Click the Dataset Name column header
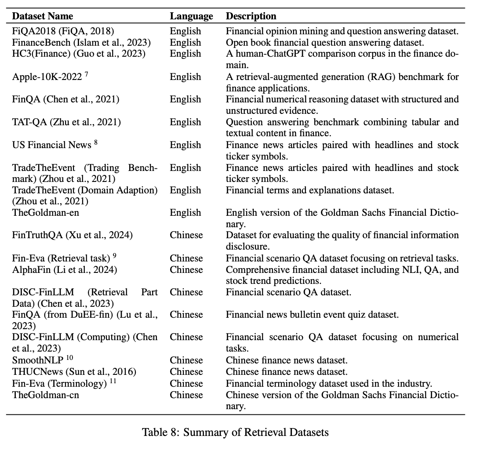click(x=42, y=16)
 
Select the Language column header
click(x=191, y=16)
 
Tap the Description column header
click(x=251, y=16)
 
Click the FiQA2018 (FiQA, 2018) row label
click(x=64, y=31)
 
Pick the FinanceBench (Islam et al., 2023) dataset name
click(x=82, y=43)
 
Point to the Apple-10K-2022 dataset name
click(x=47, y=77)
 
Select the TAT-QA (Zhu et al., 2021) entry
click(x=66, y=122)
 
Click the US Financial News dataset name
click(x=52, y=145)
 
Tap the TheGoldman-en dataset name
click(x=46, y=213)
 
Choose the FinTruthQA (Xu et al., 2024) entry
click(x=73, y=235)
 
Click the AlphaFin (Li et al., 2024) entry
click(x=65, y=269)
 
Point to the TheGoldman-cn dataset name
click(x=46, y=395)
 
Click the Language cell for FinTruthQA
click(x=186, y=235)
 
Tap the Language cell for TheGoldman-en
click(x=185, y=213)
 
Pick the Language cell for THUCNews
click(x=186, y=372)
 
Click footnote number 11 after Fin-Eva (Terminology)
click(x=113, y=381)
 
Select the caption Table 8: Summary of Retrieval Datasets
click(x=235, y=432)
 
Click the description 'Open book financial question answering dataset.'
click(x=324, y=43)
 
